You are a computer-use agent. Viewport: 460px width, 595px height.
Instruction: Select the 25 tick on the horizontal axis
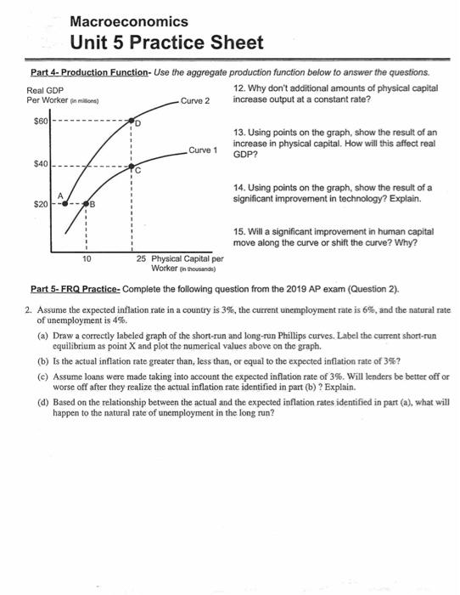(140, 258)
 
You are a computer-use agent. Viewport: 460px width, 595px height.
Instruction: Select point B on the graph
(87, 205)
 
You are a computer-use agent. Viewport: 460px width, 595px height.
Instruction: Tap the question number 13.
(236, 133)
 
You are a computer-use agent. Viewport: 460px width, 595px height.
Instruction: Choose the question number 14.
(236, 185)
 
